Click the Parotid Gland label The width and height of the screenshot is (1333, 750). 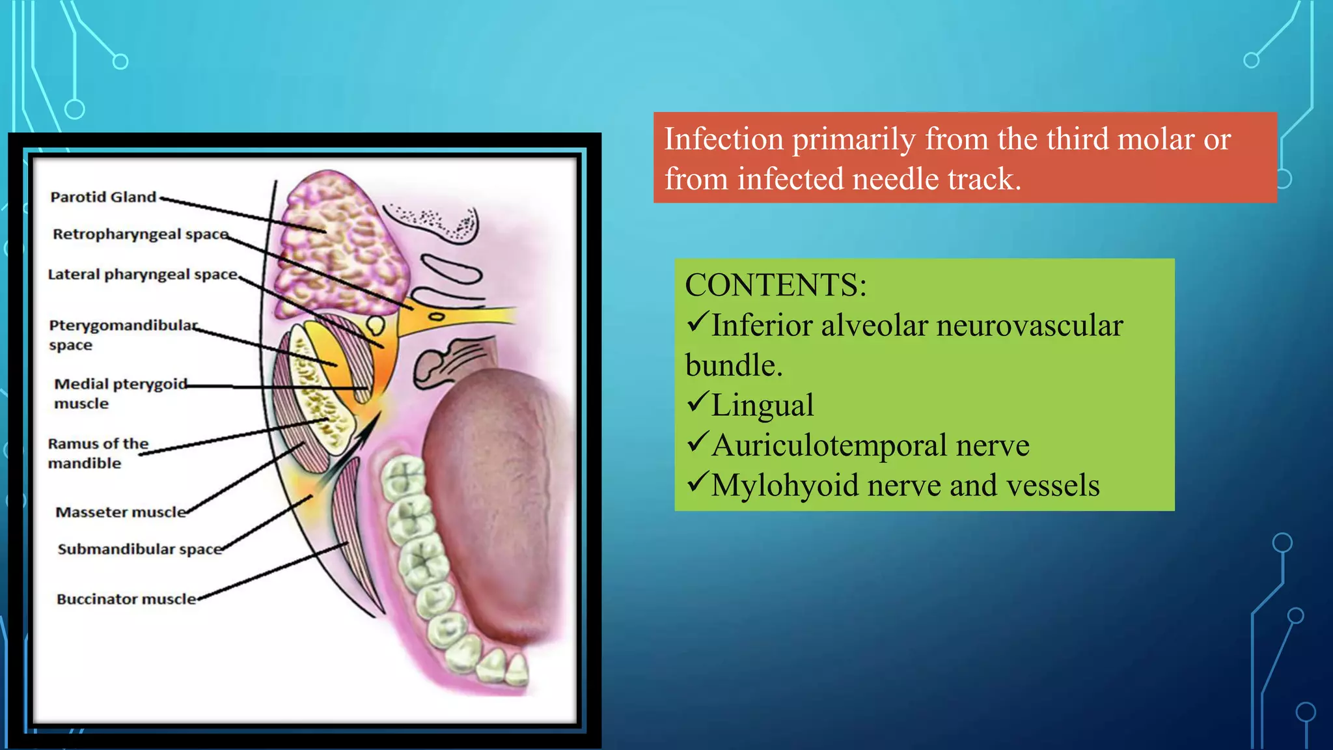[x=103, y=197]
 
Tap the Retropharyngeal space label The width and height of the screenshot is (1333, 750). [x=141, y=234]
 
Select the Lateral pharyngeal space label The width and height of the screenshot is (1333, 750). [x=143, y=274]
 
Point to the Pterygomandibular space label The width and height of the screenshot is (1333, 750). [x=123, y=334]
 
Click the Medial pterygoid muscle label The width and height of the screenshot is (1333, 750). [x=120, y=393]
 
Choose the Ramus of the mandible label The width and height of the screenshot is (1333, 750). [x=98, y=453]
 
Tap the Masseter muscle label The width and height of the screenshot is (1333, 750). [x=120, y=512]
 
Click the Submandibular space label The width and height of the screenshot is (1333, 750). [x=139, y=549]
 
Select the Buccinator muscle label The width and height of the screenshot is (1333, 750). [x=126, y=599]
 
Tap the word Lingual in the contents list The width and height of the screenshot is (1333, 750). [x=762, y=405]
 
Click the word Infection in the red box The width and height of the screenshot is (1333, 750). [x=723, y=139]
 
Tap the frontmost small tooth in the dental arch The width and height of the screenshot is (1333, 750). [x=517, y=671]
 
